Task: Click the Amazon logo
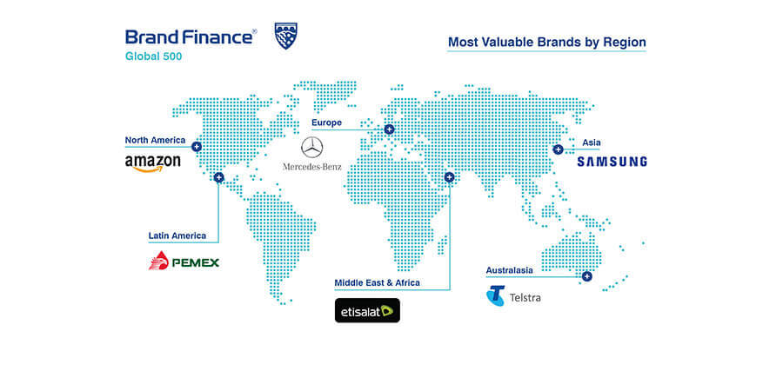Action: pos(152,163)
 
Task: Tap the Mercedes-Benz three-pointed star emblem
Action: pos(312,148)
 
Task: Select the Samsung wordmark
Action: pos(612,162)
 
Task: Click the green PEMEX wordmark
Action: pos(195,262)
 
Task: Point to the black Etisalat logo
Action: pos(367,310)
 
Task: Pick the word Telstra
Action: pos(525,298)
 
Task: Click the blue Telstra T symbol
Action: pos(495,295)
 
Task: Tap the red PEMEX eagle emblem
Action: pos(158,261)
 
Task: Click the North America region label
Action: pos(155,140)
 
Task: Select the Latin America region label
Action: pos(177,235)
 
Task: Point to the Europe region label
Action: pos(326,123)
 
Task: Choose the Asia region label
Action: pos(592,142)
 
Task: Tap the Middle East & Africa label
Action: pos(377,282)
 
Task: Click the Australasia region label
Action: pos(509,270)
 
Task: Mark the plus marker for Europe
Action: pos(389,129)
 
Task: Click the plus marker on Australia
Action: pos(586,276)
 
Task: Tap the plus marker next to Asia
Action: pos(558,149)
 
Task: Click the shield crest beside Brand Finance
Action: pos(286,36)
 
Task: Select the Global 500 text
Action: pos(153,56)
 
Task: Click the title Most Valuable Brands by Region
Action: pos(547,43)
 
